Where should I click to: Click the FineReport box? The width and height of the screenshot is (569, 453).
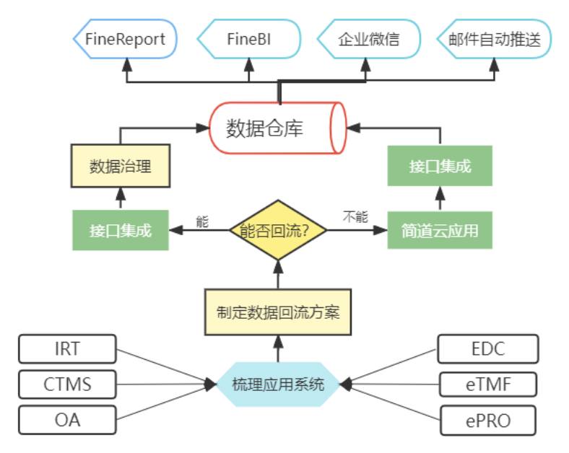click(125, 39)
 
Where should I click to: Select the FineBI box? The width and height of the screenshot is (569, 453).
click(249, 39)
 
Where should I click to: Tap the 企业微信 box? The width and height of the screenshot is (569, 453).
click(368, 39)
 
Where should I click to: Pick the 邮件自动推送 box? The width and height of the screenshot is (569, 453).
click(494, 39)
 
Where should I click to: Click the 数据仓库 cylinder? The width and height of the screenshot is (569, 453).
click(277, 128)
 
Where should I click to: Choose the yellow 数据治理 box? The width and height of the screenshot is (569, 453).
click(121, 166)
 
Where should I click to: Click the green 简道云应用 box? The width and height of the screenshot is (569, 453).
click(440, 231)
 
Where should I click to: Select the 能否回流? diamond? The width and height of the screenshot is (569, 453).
click(278, 231)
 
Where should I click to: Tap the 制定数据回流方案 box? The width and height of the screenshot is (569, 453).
click(278, 313)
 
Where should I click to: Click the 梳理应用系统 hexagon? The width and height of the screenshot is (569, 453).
click(278, 384)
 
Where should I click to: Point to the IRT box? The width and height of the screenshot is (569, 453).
click(67, 349)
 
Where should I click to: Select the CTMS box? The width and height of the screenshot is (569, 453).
click(67, 384)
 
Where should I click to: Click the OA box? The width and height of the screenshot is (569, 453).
click(67, 419)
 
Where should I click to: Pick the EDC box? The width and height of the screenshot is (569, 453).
click(488, 349)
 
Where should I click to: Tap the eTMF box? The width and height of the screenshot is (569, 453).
click(488, 384)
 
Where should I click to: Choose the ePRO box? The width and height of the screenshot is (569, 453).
click(488, 420)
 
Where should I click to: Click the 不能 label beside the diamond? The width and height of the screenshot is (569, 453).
click(355, 216)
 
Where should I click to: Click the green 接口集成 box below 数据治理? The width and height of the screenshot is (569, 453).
click(121, 231)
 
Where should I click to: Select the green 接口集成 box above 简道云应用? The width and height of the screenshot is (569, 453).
click(440, 167)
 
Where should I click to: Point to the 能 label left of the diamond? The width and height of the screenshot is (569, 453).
click(201, 221)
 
